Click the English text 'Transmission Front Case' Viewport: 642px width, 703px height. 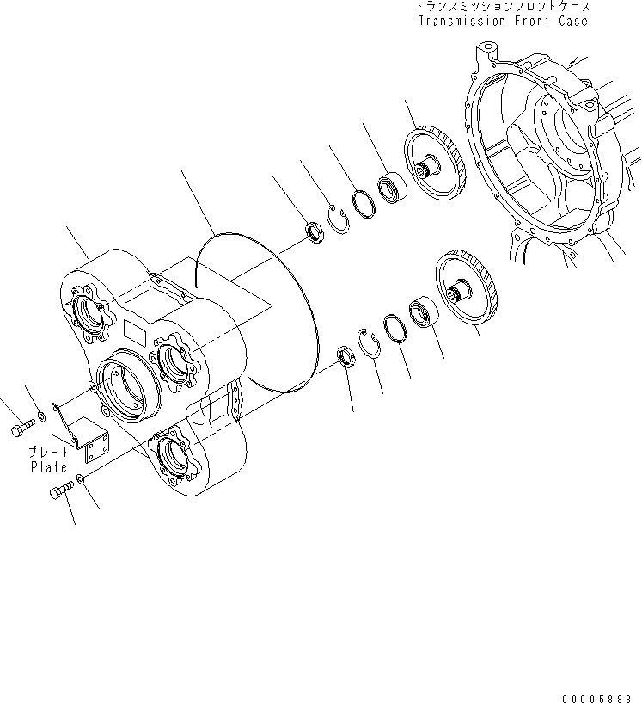click(x=503, y=21)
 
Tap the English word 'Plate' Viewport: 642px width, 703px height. click(x=50, y=467)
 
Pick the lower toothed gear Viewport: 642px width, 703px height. click(x=467, y=286)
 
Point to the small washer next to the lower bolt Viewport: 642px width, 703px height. click(x=80, y=478)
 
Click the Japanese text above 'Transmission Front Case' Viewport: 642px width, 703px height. click(x=503, y=6)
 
